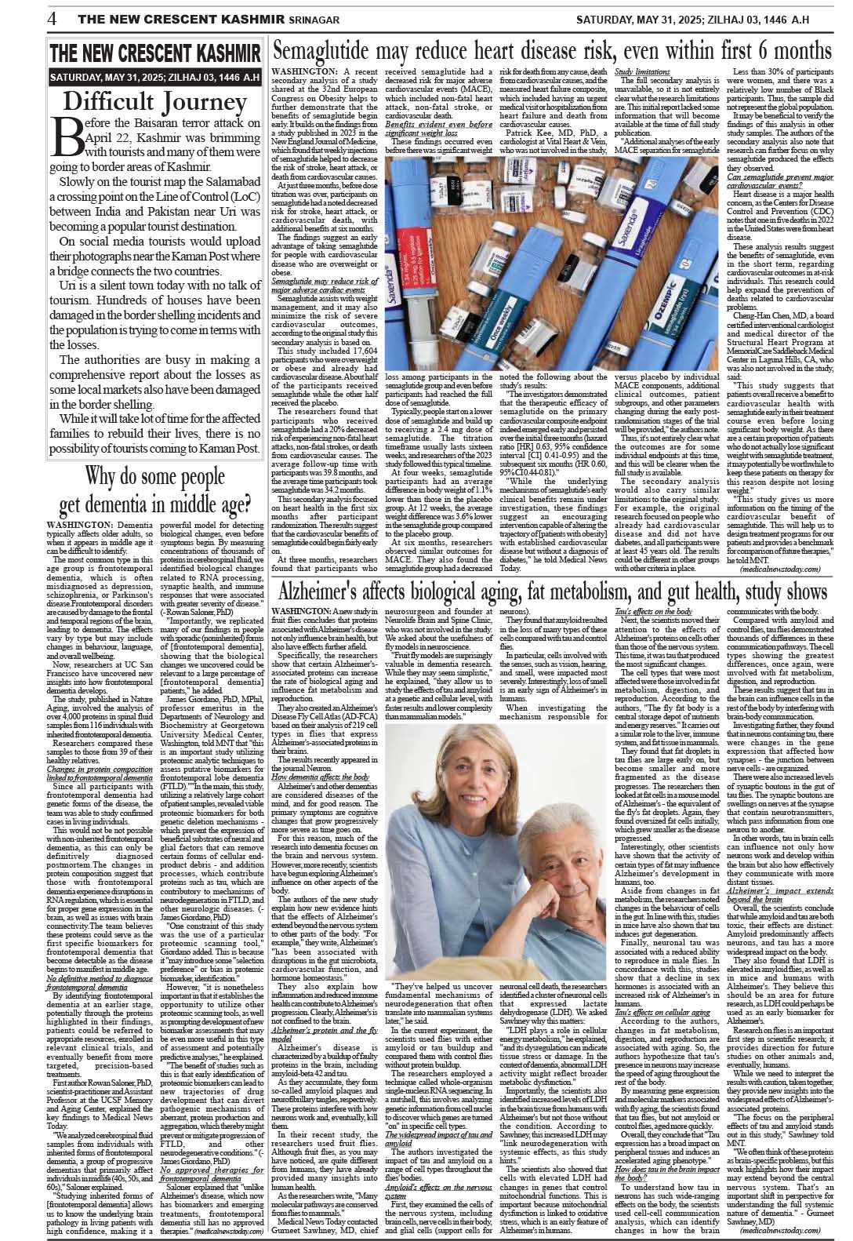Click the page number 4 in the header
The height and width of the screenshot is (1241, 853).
(x=51, y=17)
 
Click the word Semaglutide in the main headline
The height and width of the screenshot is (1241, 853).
(x=328, y=52)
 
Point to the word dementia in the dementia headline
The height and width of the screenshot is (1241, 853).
(x=150, y=501)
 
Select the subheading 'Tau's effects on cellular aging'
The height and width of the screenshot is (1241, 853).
(x=652, y=1013)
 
